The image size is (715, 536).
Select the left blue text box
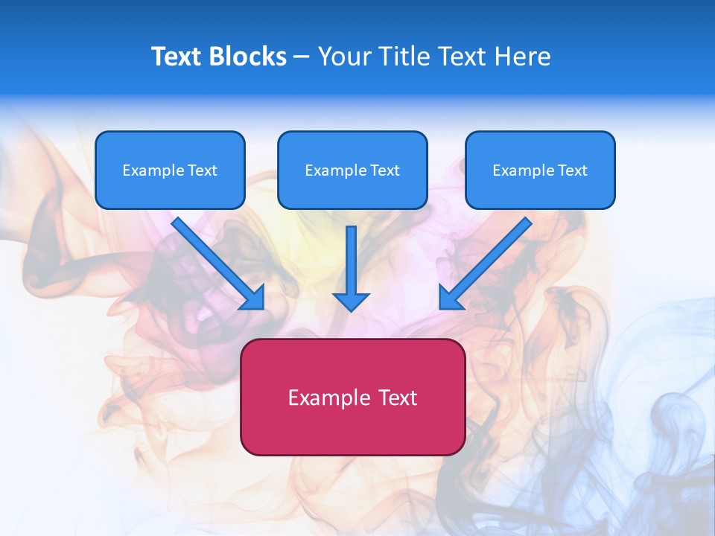(x=170, y=170)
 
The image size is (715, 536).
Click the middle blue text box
(x=352, y=170)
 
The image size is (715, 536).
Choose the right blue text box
(x=540, y=170)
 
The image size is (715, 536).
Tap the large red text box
(x=352, y=397)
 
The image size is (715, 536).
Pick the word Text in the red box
(x=397, y=398)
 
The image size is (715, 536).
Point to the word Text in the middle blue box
(x=384, y=170)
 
